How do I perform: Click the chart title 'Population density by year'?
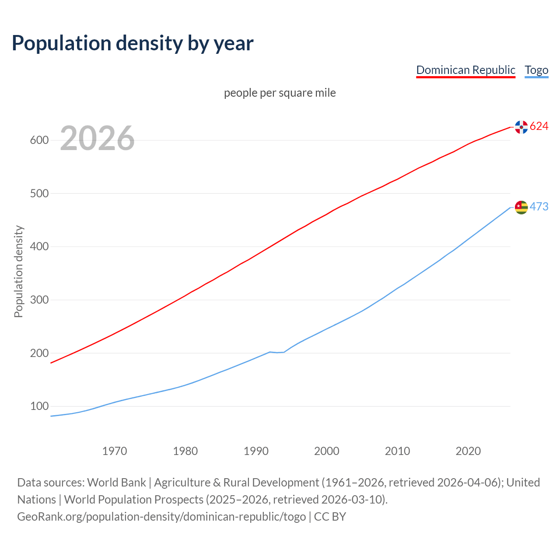point(133,43)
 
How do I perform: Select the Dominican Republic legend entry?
point(465,70)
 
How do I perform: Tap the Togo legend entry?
point(536,70)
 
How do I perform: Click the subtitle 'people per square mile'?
point(280,93)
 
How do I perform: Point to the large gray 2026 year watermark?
point(97,138)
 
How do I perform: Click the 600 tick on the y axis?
point(39,140)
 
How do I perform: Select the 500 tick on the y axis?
point(39,193)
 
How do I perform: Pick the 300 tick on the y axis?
point(39,300)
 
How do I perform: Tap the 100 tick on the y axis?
point(39,406)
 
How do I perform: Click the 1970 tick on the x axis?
point(115,451)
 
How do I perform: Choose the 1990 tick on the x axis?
point(256,451)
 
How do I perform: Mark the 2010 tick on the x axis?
point(397,451)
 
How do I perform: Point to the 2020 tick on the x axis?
point(468,451)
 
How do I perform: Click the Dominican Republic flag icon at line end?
point(521,127)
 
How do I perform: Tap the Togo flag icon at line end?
point(521,207)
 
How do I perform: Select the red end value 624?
point(539,126)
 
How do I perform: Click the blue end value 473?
point(539,206)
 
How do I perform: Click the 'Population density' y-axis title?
point(18,271)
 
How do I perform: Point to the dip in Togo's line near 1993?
point(277,352)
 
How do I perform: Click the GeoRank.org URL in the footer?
point(161,517)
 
